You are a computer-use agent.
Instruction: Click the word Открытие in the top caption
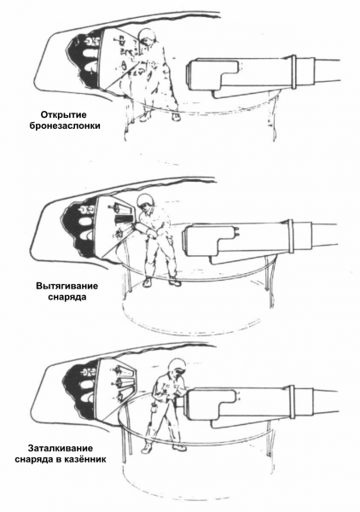point(64,115)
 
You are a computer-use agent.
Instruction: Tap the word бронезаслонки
point(65,126)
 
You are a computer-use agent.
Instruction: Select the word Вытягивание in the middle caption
point(67,287)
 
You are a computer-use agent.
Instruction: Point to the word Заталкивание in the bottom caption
point(61,448)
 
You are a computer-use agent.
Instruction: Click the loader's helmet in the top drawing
point(148,36)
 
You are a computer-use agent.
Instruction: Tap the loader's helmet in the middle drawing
point(145,201)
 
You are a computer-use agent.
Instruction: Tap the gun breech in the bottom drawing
point(211,404)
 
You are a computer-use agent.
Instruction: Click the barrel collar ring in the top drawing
point(293,72)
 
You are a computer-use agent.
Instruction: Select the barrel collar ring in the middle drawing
point(291,236)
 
